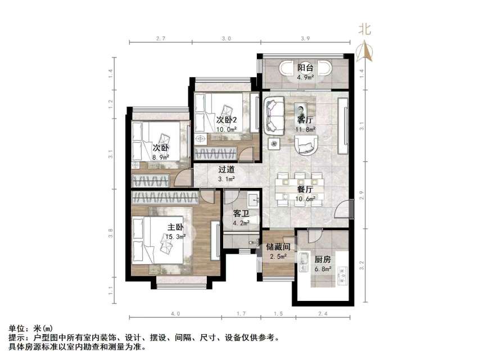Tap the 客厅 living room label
click(305, 120)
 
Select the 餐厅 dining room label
click(305, 190)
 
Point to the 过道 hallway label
click(227, 169)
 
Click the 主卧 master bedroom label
click(175, 227)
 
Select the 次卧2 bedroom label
click(227, 120)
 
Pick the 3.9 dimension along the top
click(305, 38)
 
